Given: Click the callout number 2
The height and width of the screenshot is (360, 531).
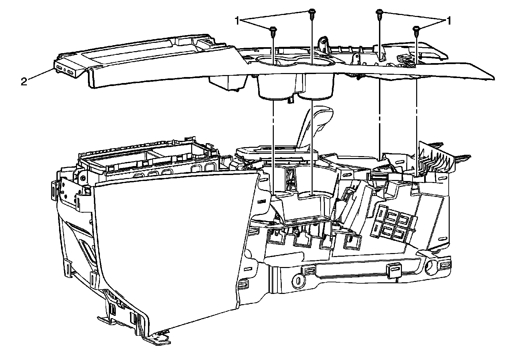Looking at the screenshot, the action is coord(24,82).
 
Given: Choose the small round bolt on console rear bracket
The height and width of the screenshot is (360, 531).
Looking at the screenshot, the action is coord(82,178).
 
